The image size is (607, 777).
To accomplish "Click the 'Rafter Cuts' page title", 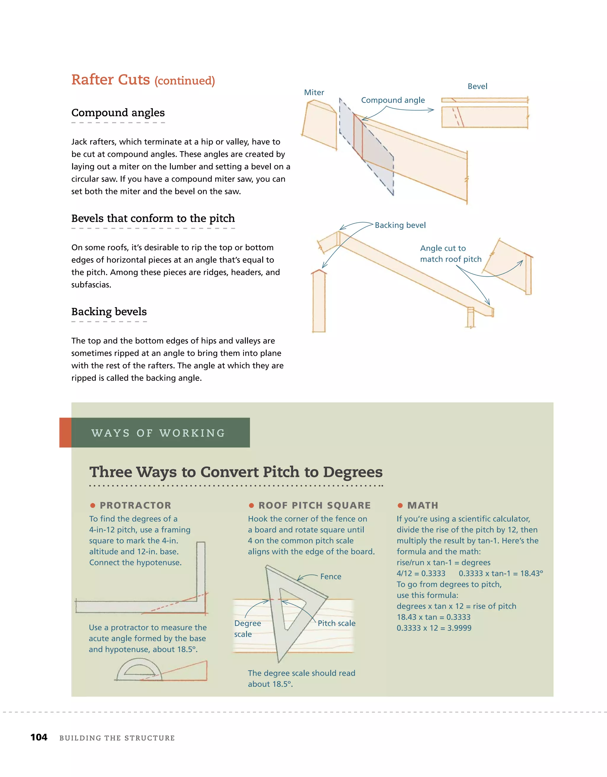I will pyautogui.click(x=111, y=80).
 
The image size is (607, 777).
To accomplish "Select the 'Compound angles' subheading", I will pyautogui.click(x=118, y=112).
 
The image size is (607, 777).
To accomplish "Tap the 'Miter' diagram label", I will pyautogui.click(x=314, y=93).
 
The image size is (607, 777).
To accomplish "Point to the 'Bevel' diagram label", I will pyautogui.click(x=477, y=87).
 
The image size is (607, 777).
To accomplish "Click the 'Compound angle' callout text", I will pyautogui.click(x=393, y=100).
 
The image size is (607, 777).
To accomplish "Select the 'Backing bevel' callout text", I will pyautogui.click(x=400, y=225).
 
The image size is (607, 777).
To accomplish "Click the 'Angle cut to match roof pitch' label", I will pyautogui.click(x=450, y=254).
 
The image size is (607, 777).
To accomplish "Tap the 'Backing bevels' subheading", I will pyautogui.click(x=109, y=312).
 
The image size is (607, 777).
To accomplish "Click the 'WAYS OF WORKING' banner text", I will pyautogui.click(x=158, y=433).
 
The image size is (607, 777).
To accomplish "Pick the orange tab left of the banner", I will pyautogui.click(x=65, y=433).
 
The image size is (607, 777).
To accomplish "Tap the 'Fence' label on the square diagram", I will pyautogui.click(x=330, y=576).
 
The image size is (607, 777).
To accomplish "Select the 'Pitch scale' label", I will pyautogui.click(x=336, y=623).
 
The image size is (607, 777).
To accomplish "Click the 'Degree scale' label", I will pyautogui.click(x=247, y=628).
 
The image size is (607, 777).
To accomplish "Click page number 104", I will pyautogui.click(x=39, y=737).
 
